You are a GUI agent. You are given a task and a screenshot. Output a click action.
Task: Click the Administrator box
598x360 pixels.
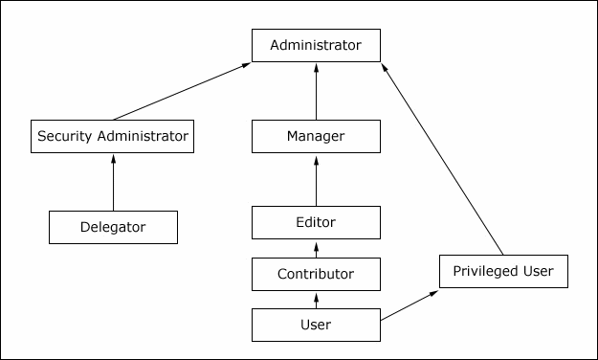point(316,45)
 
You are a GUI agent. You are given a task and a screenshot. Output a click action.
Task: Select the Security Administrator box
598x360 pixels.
point(113,136)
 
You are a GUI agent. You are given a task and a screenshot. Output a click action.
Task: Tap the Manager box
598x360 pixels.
point(316,136)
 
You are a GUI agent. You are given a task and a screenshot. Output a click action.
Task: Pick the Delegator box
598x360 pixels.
point(113,227)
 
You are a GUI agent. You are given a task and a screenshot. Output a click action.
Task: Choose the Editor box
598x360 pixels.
point(316,222)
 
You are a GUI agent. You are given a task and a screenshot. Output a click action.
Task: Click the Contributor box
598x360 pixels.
point(316,274)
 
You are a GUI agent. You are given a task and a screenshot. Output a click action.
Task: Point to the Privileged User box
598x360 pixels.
point(503,271)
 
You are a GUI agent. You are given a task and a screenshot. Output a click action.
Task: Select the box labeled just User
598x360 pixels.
point(316,325)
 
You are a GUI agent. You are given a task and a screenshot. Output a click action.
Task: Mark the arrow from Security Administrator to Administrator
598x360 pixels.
point(182,91)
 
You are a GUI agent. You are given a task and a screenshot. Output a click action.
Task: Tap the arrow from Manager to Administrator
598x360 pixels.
point(316,91)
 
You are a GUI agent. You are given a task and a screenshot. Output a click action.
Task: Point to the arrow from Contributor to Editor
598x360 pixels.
point(316,248)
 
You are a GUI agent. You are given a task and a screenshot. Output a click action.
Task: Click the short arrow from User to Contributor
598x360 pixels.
point(316,300)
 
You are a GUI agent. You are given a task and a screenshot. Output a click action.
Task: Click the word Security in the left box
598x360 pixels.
point(65,136)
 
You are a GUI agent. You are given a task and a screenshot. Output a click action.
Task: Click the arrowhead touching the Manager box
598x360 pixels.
point(316,158)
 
